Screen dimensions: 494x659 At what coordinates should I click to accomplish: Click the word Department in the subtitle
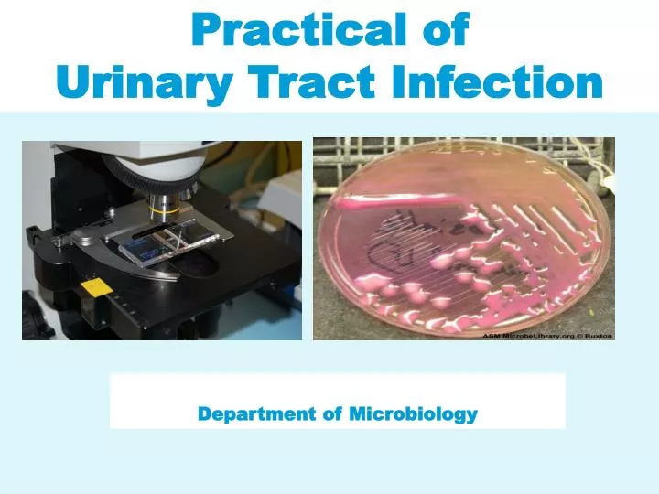tap(256, 414)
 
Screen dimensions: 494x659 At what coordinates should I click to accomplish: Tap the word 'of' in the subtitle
tap(331, 414)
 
